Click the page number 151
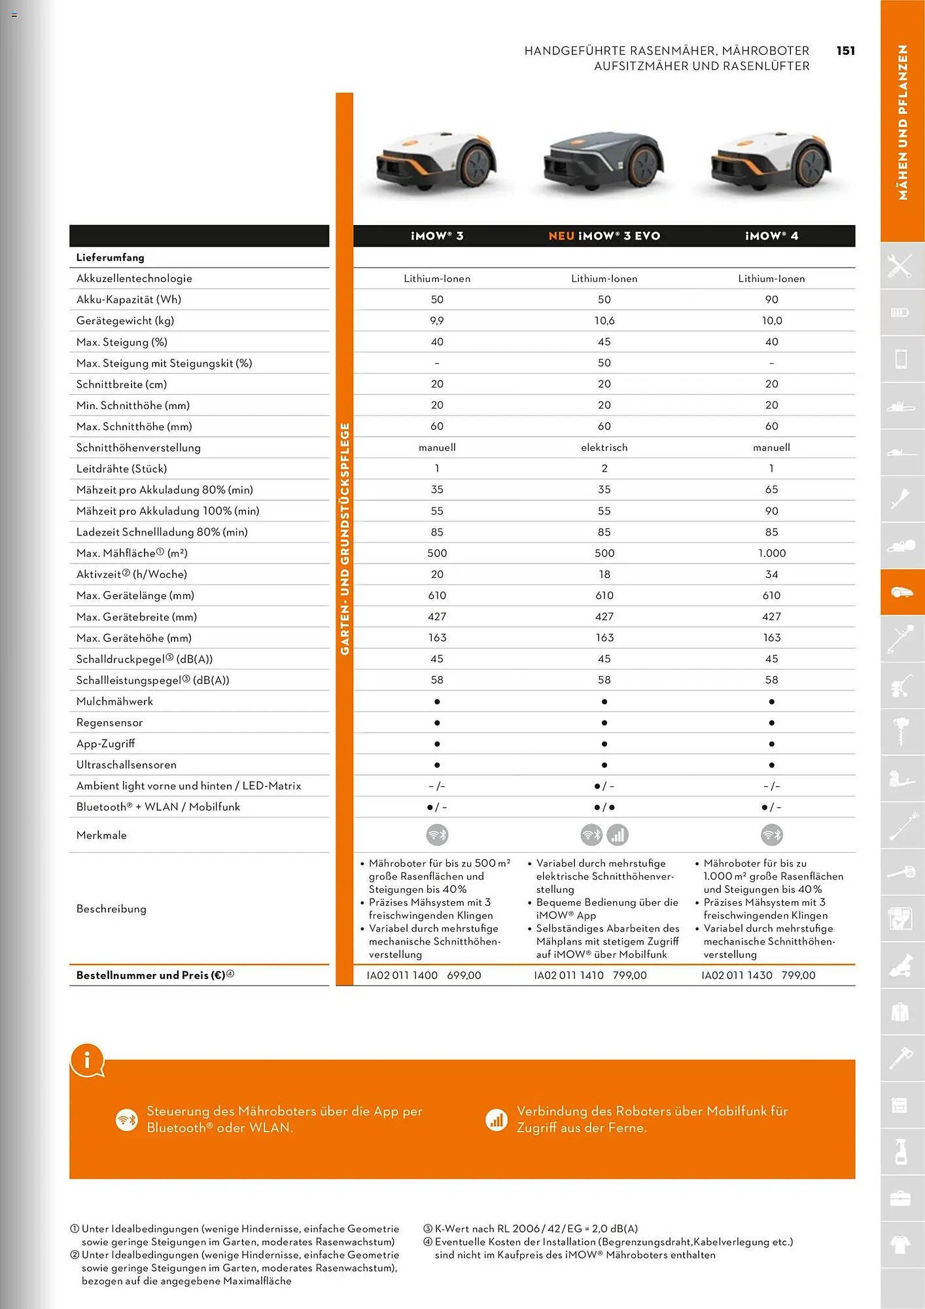845,51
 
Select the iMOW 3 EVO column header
604,236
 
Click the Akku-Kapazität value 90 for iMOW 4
771,300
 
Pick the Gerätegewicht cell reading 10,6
604,321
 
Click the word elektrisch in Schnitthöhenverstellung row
604,448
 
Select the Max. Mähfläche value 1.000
771,553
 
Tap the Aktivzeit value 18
604,575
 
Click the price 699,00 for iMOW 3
464,975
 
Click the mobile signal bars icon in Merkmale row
618,834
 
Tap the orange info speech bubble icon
87,1059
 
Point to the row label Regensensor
109,723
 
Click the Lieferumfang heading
110,258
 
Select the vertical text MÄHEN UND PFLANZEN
903,122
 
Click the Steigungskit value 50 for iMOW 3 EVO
604,363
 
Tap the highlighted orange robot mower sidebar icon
901,592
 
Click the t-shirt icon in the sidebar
901,1244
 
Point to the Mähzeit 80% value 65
771,490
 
